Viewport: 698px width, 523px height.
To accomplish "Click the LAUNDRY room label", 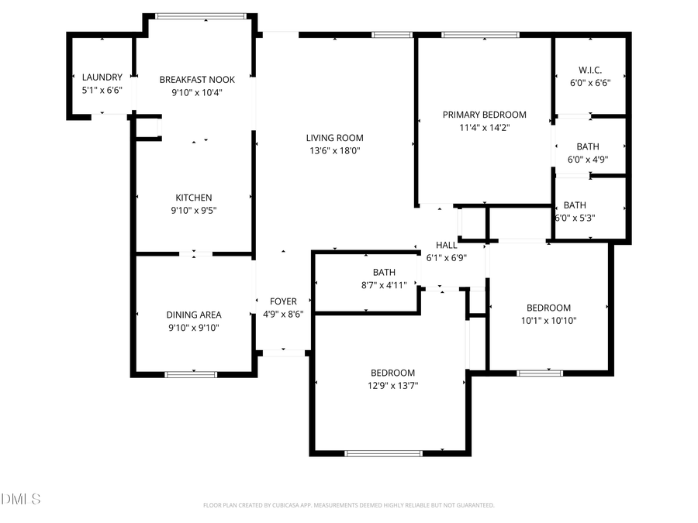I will (102, 77).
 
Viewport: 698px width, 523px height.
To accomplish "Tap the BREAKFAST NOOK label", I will (197, 80).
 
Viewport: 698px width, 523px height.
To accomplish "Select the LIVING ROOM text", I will (334, 139).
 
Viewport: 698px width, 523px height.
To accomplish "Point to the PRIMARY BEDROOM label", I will (484, 115).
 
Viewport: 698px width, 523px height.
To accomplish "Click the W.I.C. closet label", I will (590, 71).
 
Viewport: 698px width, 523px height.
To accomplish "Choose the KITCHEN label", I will (194, 198).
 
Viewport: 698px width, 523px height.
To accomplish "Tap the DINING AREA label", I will (194, 315).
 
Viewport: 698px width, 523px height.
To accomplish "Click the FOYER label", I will (283, 301).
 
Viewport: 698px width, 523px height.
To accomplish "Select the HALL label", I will (447, 245).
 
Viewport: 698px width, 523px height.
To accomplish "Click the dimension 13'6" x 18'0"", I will (334, 151).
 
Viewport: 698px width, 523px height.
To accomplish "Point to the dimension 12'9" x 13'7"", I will (392, 385).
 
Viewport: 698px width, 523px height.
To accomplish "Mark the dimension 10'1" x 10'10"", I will (548, 320).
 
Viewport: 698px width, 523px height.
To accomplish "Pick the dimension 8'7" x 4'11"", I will (384, 284).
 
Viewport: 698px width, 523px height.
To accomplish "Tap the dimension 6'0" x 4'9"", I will (588, 160).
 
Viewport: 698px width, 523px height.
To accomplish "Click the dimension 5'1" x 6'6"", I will (102, 90).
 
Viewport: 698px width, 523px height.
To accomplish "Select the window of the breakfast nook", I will (201, 15).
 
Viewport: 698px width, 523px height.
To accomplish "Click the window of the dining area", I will (191, 374).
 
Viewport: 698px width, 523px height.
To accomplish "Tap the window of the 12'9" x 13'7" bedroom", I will (385, 452).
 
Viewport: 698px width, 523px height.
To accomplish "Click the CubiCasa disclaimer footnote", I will (349, 505).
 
